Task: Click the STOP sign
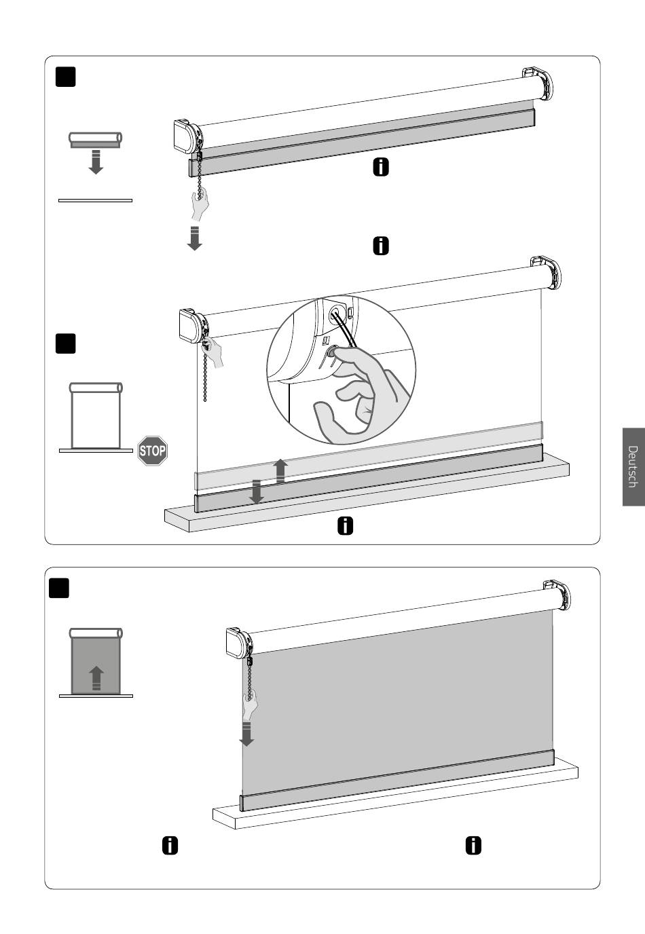point(153,451)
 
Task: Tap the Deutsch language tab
point(633,466)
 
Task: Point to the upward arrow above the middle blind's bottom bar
point(280,471)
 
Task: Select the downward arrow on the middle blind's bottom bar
point(257,491)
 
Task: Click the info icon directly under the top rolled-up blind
point(381,167)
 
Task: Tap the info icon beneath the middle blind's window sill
point(345,526)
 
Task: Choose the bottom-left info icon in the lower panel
point(170,846)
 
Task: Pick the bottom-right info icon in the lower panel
point(473,846)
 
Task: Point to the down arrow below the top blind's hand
point(195,238)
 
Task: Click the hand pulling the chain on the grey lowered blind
point(251,705)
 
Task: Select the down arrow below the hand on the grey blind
point(247,734)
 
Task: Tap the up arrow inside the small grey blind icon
point(96,678)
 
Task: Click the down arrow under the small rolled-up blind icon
point(96,162)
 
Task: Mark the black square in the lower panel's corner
point(59,589)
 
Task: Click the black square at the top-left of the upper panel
point(65,77)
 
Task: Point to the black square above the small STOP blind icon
point(65,343)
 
